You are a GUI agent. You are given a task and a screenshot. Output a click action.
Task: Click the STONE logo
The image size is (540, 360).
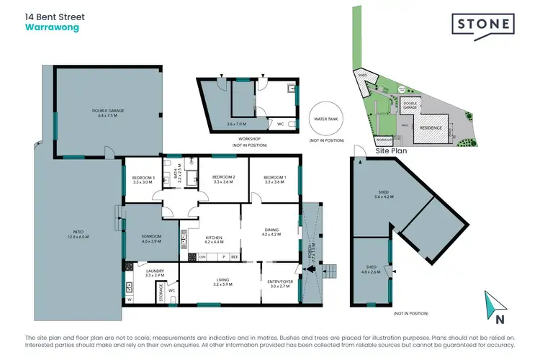[x=483, y=24]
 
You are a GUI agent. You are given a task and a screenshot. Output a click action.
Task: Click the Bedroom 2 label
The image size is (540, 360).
[x=224, y=179]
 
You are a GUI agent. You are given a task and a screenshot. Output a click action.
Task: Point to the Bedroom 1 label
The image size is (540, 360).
[x=274, y=179]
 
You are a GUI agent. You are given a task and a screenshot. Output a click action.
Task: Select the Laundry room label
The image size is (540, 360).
[x=155, y=273]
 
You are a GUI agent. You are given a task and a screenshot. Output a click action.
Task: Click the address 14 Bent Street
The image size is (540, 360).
[x=53, y=16]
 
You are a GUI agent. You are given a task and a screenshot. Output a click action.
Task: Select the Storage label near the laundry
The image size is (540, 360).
[x=160, y=291]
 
